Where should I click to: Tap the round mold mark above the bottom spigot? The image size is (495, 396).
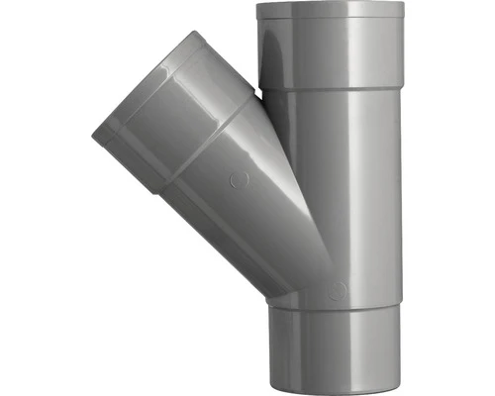tap(338, 290)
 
